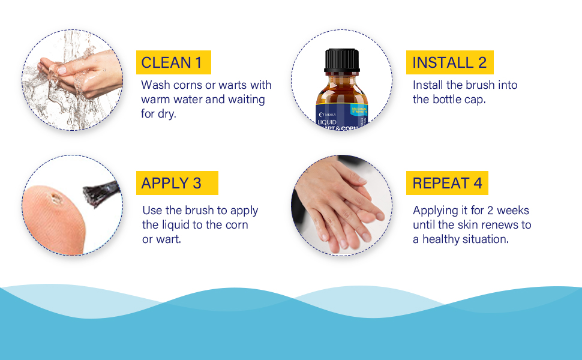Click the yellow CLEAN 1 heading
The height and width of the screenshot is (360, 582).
coord(172,62)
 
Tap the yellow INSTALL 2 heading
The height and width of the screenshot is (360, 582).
coord(449,62)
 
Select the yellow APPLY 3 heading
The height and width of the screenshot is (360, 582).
coord(171,183)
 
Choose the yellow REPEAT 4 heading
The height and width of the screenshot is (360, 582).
coord(447,183)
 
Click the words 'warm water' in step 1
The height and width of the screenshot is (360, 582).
coord(171,99)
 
